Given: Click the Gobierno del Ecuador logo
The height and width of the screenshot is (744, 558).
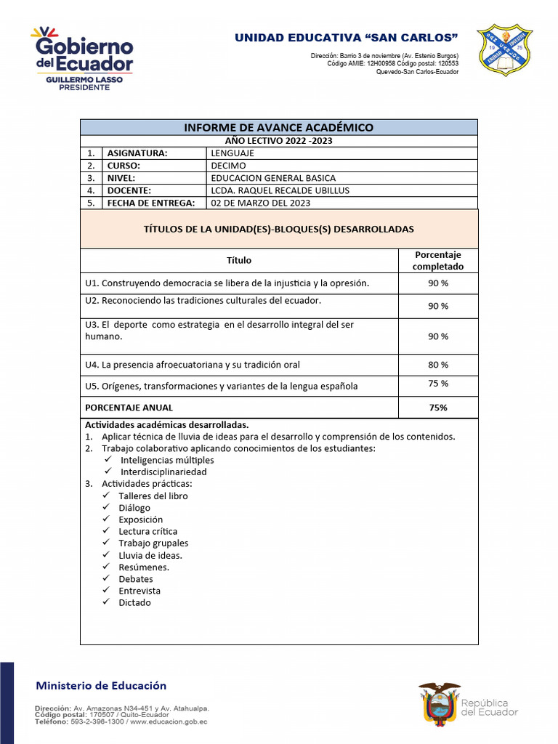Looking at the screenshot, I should (81, 58).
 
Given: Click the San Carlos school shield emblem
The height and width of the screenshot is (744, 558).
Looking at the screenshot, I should (504, 50).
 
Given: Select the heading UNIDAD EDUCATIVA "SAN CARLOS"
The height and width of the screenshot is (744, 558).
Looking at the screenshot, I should (346, 38).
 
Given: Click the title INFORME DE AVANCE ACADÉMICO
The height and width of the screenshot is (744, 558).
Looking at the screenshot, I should (278, 127).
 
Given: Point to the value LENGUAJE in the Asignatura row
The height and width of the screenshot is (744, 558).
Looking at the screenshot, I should (232, 153).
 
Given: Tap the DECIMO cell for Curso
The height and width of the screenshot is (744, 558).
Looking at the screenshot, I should (228, 166).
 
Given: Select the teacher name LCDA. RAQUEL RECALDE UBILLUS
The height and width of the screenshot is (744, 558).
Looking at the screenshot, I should (280, 190).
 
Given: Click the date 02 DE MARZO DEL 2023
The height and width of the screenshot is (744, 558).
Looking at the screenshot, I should (260, 203).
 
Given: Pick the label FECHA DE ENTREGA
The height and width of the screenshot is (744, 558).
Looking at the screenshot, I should (151, 203).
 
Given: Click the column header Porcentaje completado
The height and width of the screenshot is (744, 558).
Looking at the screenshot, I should (437, 260).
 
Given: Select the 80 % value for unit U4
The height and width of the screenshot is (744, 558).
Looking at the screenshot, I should (438, 365).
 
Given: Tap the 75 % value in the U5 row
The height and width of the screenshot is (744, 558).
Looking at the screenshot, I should (438, 384).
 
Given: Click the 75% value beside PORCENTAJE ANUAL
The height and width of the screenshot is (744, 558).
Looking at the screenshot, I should (438, 408).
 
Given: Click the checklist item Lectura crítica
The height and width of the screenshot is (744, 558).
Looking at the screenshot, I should (148, 531).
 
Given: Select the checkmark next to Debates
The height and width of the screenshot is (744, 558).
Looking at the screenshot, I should (106, 579).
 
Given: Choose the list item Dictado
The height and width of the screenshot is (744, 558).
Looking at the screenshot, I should (135, 602).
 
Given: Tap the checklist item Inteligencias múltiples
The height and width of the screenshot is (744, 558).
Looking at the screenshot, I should (167, 460).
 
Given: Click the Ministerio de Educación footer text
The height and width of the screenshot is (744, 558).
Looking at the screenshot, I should (101, 685).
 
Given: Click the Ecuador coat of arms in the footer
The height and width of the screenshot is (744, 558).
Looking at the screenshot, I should (439, 703).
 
